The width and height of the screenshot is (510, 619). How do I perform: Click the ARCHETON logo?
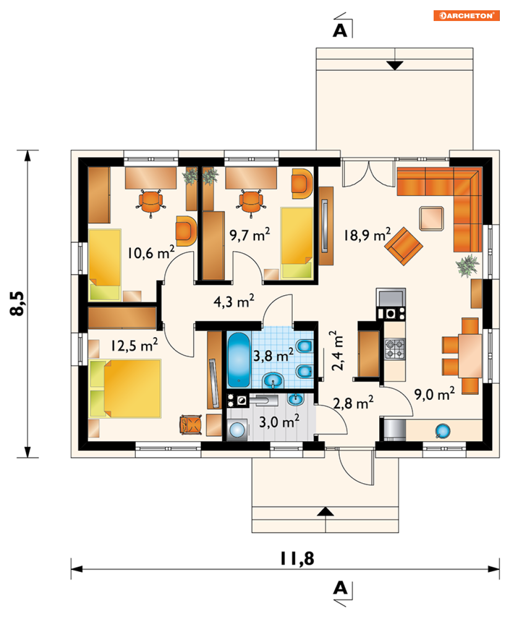point(466,15)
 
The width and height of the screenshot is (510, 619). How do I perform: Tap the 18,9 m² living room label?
point(367,235)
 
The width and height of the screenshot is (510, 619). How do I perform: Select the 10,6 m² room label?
point(151,253)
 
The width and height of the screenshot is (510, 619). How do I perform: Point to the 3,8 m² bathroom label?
point(273,355)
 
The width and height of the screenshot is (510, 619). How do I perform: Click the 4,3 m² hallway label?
point(234,301)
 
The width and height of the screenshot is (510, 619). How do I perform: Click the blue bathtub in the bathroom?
point(238,360)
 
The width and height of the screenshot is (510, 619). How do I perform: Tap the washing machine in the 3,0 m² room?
point(237,429)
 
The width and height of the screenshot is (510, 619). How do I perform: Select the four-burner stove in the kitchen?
point(395,349)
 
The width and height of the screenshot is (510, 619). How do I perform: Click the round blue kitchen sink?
point(442,431)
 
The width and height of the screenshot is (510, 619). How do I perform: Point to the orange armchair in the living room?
point(403,246)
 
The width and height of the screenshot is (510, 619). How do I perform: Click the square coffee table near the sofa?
point(432,218)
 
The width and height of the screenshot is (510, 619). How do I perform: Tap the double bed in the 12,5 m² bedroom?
point(125,388)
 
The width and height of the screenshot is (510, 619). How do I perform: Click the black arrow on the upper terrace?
point(395,66)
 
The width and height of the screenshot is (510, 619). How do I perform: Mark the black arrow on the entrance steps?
point(325,511)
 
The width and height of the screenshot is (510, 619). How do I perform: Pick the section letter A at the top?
point(340,31)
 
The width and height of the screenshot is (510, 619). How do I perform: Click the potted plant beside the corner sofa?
point(467,265)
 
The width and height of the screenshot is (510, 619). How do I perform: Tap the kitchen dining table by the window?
point(470,356)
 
